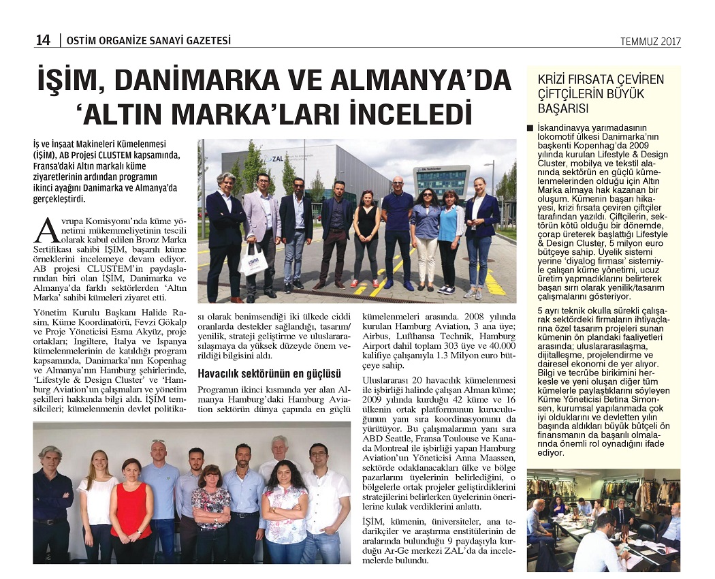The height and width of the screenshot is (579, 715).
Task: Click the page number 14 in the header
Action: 43,40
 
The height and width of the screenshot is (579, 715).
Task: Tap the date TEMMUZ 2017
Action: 650,42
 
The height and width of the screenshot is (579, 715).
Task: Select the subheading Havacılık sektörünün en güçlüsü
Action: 269,373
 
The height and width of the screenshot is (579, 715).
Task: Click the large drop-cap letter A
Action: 46,230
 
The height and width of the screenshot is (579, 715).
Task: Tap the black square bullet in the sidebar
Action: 531,128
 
